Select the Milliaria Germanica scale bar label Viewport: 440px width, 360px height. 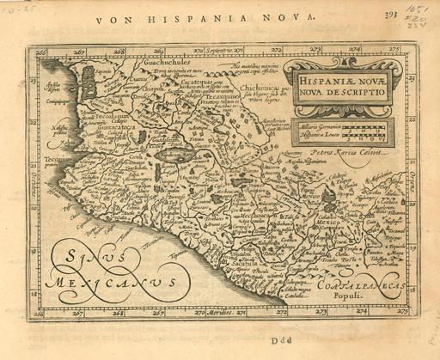[x=321, y=125]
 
